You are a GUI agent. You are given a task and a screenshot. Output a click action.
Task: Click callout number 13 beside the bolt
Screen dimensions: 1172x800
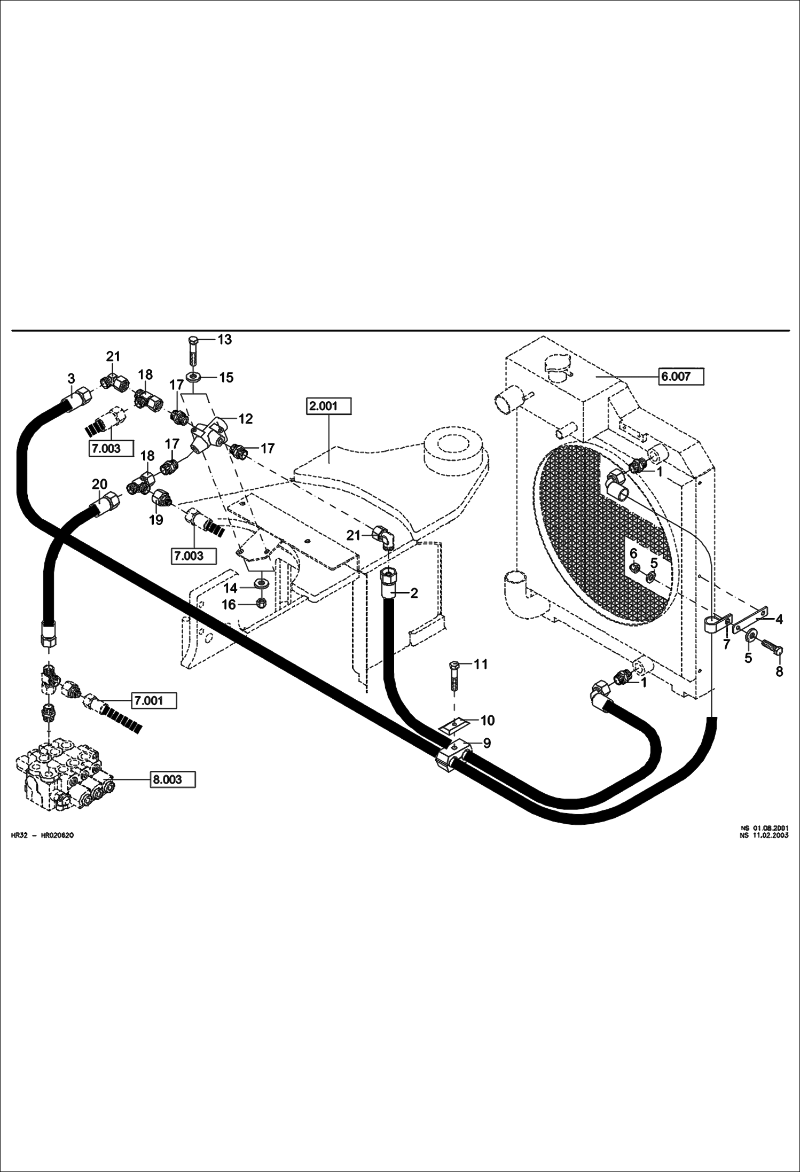225,340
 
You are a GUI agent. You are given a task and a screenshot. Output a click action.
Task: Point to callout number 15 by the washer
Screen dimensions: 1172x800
226,377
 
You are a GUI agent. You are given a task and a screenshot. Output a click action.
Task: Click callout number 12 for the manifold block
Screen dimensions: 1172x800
245,418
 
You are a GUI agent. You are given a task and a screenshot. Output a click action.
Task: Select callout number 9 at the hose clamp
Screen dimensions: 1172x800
487,744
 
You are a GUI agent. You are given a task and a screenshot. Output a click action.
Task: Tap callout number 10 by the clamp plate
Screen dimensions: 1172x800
488,720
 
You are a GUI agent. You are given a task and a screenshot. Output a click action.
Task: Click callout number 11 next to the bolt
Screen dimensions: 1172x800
481,664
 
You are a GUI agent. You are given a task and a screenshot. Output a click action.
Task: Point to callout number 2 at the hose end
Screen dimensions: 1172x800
414,593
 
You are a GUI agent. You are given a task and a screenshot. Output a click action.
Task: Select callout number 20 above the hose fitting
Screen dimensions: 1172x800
100,484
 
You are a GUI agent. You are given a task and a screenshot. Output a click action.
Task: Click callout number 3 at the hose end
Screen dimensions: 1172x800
71,379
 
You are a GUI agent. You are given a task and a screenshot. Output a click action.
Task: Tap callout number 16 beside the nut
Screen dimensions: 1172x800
229,605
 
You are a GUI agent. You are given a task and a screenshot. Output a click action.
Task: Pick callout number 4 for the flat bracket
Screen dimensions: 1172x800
779,619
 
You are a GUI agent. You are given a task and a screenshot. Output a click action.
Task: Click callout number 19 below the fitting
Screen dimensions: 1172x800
156,519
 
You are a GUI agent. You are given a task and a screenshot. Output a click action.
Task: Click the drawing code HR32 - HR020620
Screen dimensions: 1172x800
42,835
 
